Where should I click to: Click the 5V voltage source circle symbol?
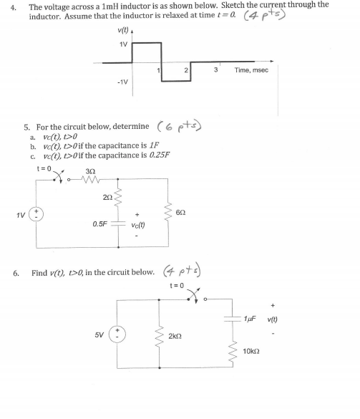(x=121, y=334)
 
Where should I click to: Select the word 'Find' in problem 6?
(x=40, y=272)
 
